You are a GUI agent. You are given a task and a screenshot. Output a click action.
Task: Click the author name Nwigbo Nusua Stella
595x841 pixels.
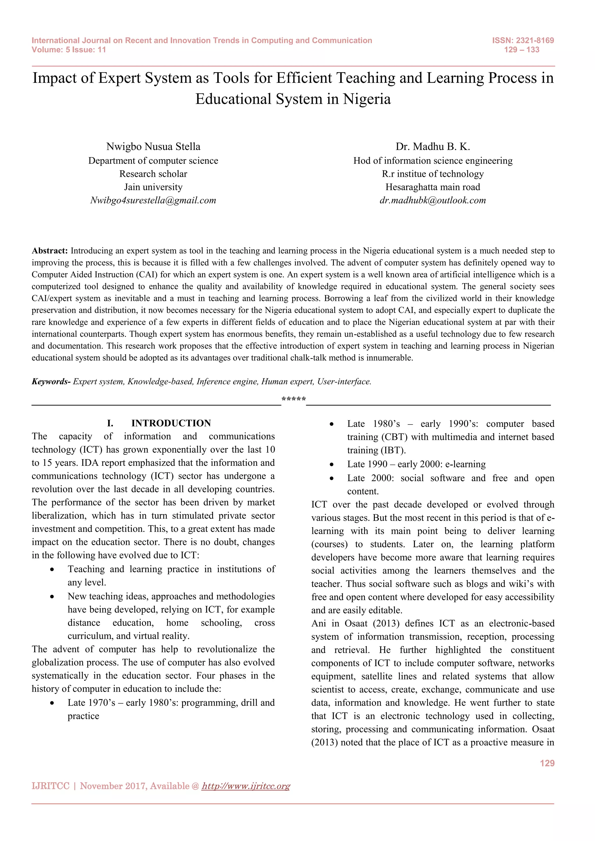[153, 147]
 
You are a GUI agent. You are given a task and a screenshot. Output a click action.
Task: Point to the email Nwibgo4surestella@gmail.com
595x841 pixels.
[153, 200]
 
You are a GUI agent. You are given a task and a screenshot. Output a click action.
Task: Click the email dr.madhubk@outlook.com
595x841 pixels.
[433, 200]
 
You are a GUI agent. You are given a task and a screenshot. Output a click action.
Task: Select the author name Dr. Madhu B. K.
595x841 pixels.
[433, 147]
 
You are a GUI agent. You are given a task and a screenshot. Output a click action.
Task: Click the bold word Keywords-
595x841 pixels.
[51, 382]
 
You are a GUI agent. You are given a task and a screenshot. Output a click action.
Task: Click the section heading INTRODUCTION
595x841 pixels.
[171, 423]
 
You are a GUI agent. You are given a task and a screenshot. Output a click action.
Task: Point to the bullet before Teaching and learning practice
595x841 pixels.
[52, 569]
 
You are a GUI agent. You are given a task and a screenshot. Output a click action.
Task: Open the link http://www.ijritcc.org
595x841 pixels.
[246, 786]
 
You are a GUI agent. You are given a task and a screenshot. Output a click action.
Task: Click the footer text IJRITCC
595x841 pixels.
[51, 786]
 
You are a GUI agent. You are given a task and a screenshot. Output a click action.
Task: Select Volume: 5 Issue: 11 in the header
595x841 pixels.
[69, 50]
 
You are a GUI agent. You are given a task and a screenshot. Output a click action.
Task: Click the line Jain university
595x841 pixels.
[153, 187]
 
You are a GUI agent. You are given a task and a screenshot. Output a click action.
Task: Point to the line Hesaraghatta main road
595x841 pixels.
[433, 187]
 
